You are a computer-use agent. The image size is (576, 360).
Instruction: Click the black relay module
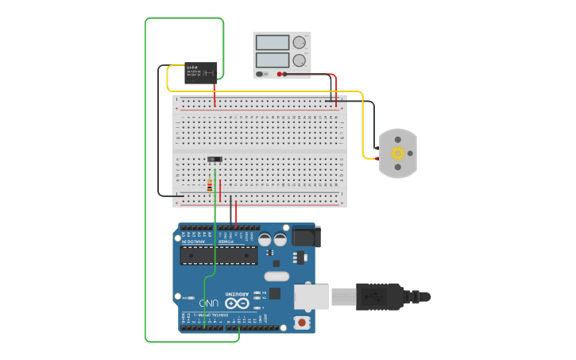[x=200, y=73]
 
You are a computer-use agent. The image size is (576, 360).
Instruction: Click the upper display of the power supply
[x=273, y=43]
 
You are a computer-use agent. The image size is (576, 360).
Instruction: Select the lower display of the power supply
[x=273, y=60]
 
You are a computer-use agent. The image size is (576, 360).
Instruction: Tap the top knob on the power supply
[x=300, y=43]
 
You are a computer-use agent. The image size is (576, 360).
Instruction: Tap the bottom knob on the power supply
[x=300, y=60]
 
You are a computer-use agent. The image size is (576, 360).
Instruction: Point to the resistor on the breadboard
[x=210, y=186]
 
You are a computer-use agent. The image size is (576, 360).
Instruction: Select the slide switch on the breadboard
[x=215, y=160]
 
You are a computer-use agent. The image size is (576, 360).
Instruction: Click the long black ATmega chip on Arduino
[x=218, y=254]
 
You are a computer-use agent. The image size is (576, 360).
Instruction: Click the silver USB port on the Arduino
[x=311, y=296]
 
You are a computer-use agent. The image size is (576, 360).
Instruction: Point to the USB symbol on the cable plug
[x=371, y=297]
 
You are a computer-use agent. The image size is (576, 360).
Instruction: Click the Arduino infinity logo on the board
[x=236, y=301]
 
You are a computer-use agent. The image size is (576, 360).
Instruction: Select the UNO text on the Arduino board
[x=209, y=303]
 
